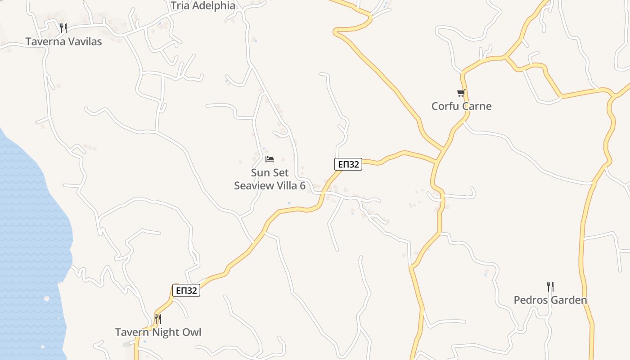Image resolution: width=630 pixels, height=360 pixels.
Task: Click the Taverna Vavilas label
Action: point(63,41)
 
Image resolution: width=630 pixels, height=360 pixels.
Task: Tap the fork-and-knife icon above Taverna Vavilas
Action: point(63,28)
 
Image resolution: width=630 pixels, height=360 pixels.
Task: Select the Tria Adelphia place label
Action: point(203,6)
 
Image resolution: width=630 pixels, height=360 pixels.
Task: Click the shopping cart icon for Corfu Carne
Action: point(461,93)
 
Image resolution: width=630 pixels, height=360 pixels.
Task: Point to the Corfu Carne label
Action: point(461,106)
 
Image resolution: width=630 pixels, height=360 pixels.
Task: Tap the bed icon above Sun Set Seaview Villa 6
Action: point(270,159)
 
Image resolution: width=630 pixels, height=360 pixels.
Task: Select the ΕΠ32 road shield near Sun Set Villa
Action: point(348,164)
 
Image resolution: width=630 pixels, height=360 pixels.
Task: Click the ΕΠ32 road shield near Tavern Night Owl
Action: point(186,290)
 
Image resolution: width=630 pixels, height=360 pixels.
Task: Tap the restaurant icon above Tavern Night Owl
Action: point(158,319)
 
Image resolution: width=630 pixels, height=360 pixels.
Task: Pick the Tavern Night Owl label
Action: point(158,333)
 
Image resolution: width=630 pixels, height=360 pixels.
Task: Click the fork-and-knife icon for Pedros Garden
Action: point(550,287)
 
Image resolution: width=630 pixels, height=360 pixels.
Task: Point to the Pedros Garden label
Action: point(550,300)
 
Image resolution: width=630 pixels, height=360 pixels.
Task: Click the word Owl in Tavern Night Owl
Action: point(192,333)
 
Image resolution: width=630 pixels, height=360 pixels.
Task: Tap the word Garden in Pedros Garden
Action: point(569,300)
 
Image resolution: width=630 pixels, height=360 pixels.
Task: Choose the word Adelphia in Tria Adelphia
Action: point(214,6)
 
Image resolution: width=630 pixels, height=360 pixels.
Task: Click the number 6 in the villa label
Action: point(302,185)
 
